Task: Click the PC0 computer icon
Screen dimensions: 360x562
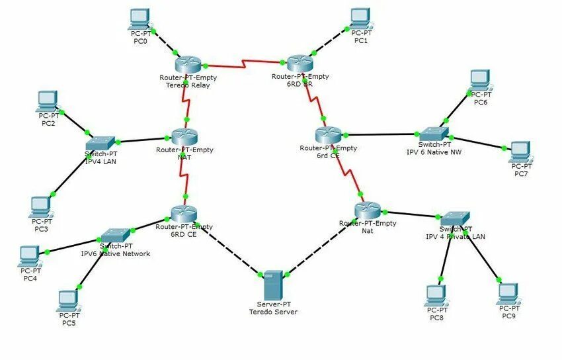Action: click(140, 19)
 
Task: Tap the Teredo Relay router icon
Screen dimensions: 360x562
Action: click(188, 64)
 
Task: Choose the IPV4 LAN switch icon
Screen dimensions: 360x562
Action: click(100, 142)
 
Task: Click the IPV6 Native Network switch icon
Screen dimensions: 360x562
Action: click(115, 235)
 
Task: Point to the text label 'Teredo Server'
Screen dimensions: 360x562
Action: click(273, 311)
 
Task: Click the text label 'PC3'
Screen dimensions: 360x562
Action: click(42, 229)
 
